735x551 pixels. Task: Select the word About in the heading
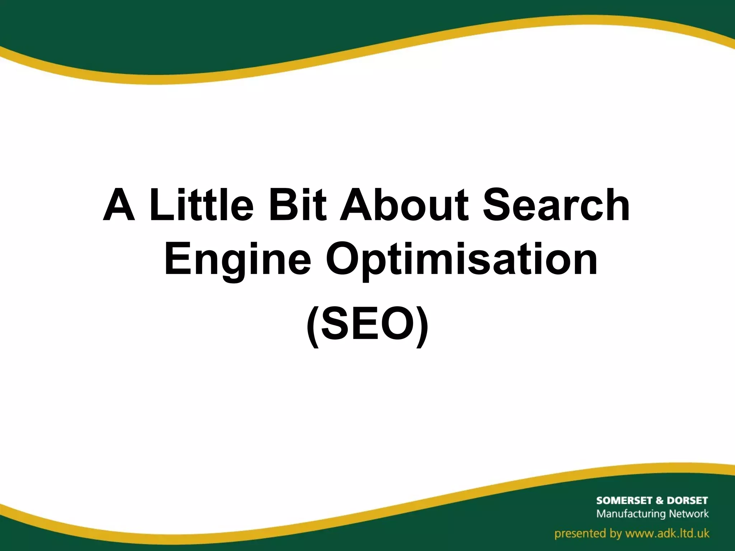coord(404,205)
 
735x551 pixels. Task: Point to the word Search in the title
coord(556,205)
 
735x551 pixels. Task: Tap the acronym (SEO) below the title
coord(367,325)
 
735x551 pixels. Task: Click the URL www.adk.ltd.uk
coord(667,533)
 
